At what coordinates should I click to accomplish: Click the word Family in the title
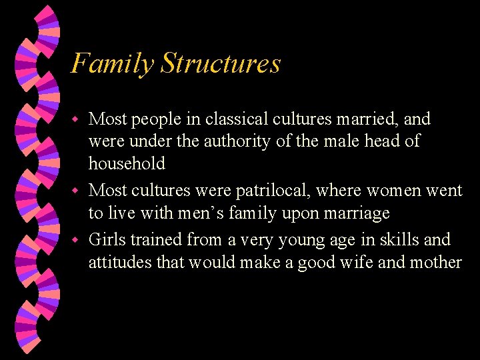click(x=112, y=64)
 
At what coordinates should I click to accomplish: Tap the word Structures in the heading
click(x=221, y=64)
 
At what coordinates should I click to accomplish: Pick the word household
click(x=127, y=163)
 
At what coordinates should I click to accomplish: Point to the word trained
click(x=157, y=239)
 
